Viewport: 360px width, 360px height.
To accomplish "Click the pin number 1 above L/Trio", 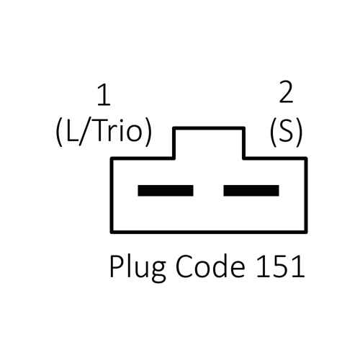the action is (x=104, y=95).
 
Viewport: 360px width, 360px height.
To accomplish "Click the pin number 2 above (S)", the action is (x=286, y=91).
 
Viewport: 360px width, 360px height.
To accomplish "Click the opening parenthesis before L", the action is (x=59, y=132).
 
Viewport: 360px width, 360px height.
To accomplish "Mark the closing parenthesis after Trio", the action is (x=148, y=132).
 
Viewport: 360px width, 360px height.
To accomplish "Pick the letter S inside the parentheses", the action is (x=286, y=132).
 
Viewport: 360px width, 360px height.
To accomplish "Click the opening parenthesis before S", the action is (x=274, y=132).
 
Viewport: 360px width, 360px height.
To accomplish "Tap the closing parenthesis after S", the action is (x=298, y=132).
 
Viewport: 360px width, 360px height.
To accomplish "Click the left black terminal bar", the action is (x=166, y=191).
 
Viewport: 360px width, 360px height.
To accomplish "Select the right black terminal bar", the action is (x=251, y=191).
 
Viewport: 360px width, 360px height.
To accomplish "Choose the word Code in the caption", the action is (x=210, y=266).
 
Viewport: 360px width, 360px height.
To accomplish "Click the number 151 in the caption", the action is (x=281, y=266).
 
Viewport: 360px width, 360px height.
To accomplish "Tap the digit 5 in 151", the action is (x=281, y=266).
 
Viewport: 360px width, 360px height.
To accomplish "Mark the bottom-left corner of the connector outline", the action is (x=112, y=233).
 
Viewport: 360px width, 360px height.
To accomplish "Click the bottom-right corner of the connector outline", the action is (x=306, y=233).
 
